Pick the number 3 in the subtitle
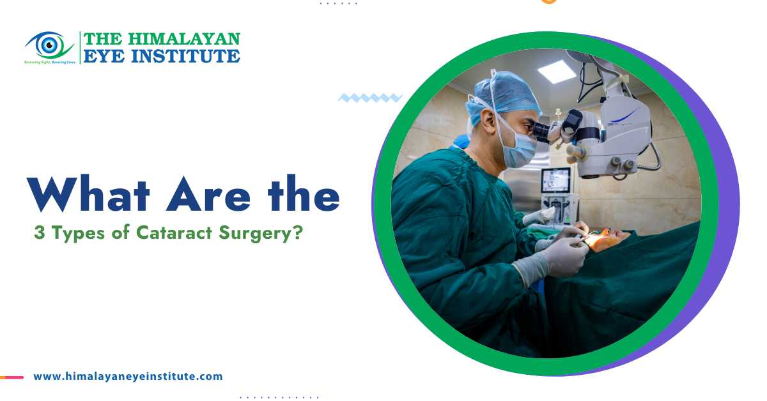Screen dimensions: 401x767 (39, 234)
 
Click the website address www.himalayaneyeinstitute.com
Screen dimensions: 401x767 (128, 377)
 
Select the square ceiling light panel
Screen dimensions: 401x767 (557, 71)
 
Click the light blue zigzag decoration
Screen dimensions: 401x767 (369, 98)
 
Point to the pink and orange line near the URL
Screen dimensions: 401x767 (12, 377)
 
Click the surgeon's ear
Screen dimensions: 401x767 (486, 121)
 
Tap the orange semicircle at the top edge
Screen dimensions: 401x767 (548, 1)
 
